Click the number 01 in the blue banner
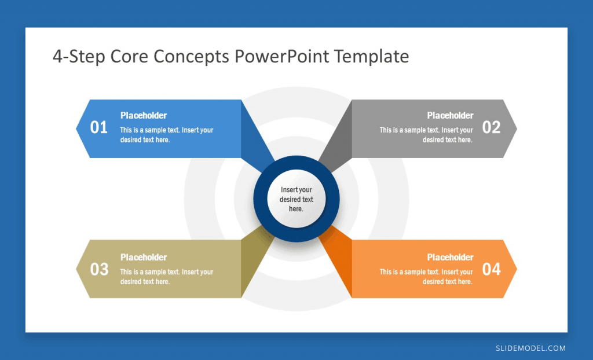[98, 127]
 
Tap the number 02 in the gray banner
[491, 127]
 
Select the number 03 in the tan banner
[99, 269]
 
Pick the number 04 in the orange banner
[491, 269]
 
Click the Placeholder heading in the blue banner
[144, 115]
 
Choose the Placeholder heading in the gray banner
[450, 115]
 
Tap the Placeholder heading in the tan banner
[144, 257]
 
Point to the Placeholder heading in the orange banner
[450, 257]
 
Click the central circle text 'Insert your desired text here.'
[296, 199]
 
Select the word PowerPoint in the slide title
[282, 56]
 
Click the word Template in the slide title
[371, 56]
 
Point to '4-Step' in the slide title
[79, 56]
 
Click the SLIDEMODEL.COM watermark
[530, 348]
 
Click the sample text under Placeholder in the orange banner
[426, 277]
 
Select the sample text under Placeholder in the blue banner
[167, 135]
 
